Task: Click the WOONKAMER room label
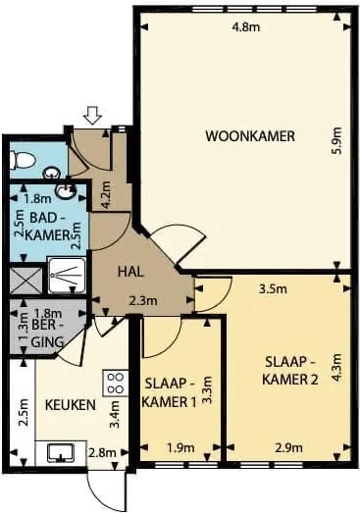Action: pyautogui.click(x=250, y=135)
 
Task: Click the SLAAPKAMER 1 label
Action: pyautogui.click(x=169, y=391)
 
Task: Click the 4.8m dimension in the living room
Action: pyautogui.click(x=245, y=27)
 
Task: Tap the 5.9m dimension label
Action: pyautogui.click(x=334, y=145)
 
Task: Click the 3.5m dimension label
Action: pyautogui.click(x=273, y=289)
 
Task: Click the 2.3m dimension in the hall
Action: pyautogui.click(x=144, y=302)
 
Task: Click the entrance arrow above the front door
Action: pyautogui.click(x=93, y=116)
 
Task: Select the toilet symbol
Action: pyautogui.click(x=21, y=158)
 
